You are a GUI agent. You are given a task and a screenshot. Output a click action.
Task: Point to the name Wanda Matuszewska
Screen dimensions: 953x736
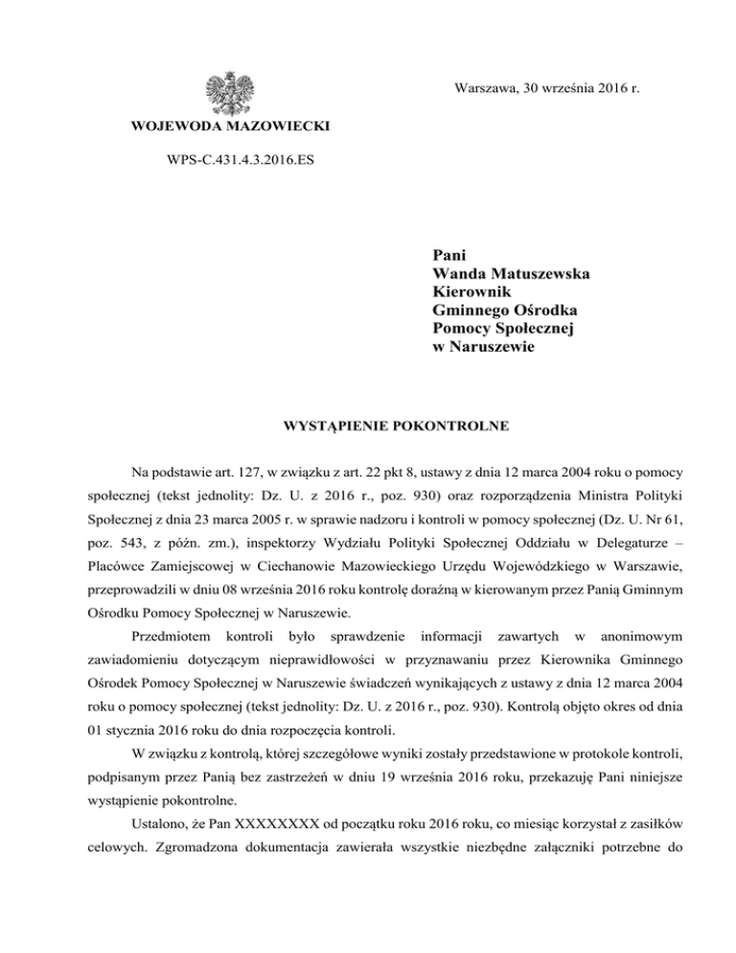[511, 274]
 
